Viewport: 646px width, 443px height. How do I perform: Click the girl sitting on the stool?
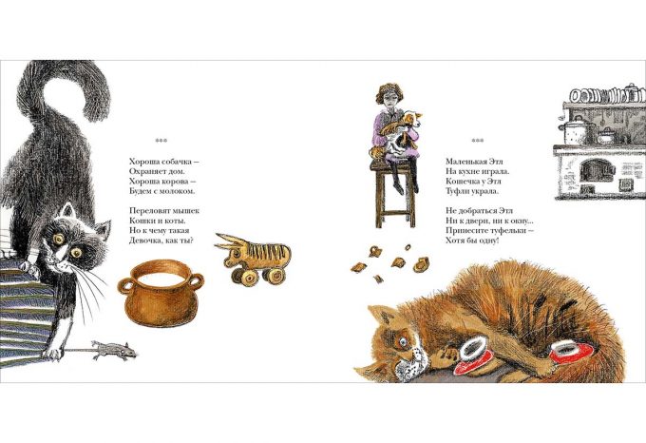pos(395,137)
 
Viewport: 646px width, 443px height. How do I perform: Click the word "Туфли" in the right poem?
pos(457,191)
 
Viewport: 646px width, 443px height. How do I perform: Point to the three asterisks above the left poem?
pos(161,141)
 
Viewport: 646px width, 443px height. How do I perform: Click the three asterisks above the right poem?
pos(478,141)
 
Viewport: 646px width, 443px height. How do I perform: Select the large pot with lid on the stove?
pos(578,129)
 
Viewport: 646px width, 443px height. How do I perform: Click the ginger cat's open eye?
pos(403,341)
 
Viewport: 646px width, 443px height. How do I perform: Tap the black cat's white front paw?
pos(53,353)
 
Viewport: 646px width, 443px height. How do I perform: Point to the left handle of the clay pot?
pos(126,285)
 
